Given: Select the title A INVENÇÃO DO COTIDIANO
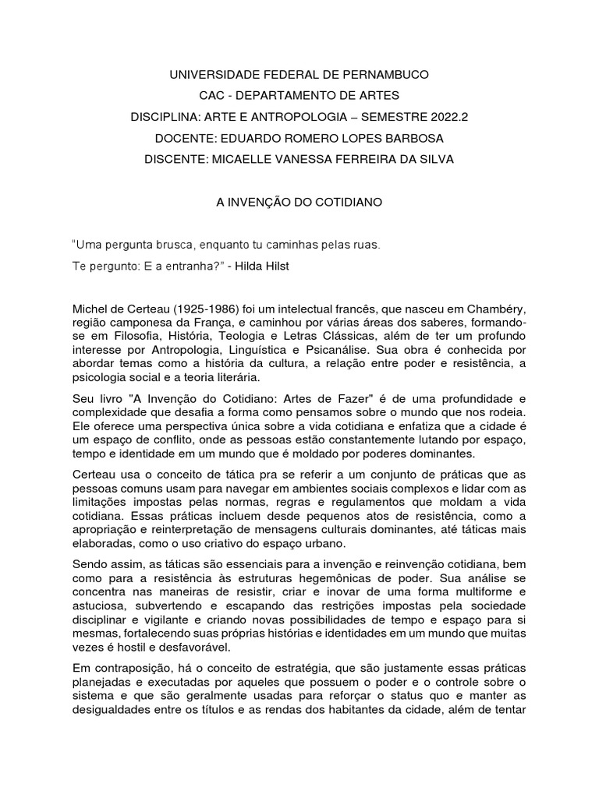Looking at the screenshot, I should click(x=299, y=201).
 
